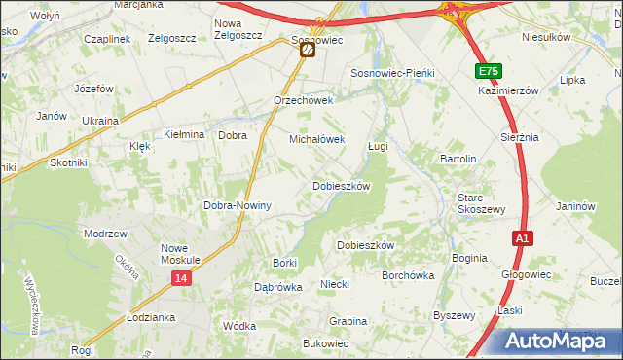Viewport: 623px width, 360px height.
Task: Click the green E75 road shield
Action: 489,72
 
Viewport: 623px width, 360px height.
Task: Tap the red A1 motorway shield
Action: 522,238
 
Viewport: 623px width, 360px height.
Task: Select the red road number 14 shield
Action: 180,278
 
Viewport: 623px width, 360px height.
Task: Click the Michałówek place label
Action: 317,139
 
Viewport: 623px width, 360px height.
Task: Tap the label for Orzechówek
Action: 304,100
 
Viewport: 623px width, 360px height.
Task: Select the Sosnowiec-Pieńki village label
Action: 391,73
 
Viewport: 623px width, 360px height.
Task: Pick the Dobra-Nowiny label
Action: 237,206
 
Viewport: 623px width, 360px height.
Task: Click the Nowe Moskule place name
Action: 180,254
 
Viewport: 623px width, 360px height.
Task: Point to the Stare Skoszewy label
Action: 482,203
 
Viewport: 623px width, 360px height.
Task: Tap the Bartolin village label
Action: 458,159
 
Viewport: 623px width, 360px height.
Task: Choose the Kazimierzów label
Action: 508,90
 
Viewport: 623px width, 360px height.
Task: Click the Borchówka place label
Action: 408,275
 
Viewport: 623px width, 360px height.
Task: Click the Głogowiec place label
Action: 526,274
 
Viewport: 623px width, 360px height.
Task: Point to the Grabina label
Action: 348,321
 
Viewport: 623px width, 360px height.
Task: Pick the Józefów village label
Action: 94,88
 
